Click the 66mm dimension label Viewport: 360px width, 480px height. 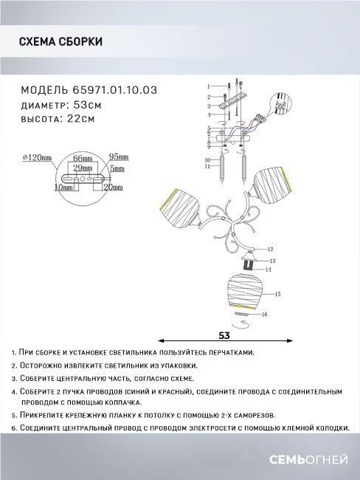tap(83, 159)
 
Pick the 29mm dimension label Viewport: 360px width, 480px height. tap(83, 168)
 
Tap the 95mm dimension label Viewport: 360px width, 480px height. tap(118, 157)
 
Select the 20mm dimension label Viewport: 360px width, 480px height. tap(115, 187)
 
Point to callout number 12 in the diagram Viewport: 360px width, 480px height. tap(270, 249)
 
